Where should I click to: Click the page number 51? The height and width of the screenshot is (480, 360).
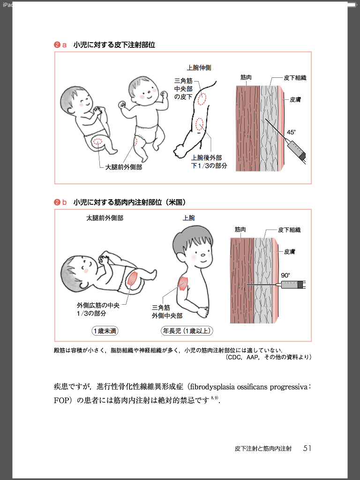click(x=307, y=448)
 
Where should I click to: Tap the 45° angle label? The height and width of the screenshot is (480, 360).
click(x=291, y=132)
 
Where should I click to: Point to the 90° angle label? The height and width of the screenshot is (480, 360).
click(x=285, y=276)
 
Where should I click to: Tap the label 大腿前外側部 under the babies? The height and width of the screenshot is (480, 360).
click(x=124, y=167)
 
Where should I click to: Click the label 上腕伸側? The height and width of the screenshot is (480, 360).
click(x=199, y=67)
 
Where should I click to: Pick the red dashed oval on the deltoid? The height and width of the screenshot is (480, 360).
click(x=202, y=98)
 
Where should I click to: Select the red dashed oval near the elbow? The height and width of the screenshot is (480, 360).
click(x=200, y=124)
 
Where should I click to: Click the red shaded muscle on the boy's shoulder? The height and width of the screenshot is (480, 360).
click(x=183, y=283)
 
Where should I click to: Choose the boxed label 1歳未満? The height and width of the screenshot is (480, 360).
click(x=105, y=331)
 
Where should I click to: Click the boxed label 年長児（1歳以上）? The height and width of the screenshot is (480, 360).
click(x=187, y=331)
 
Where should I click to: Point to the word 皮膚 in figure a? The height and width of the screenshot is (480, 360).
click(x=295, y=99)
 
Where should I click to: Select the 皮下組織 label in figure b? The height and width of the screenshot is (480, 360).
click(x=289, y=230)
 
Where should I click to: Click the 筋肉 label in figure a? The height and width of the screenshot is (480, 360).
click(x=246, y=77)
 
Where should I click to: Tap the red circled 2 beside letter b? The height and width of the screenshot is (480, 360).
click(x=57, y=202)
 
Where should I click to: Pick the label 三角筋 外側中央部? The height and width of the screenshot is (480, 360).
click(x=167, y=312)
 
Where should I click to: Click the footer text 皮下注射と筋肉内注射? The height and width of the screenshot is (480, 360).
click(x=263, y=449)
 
